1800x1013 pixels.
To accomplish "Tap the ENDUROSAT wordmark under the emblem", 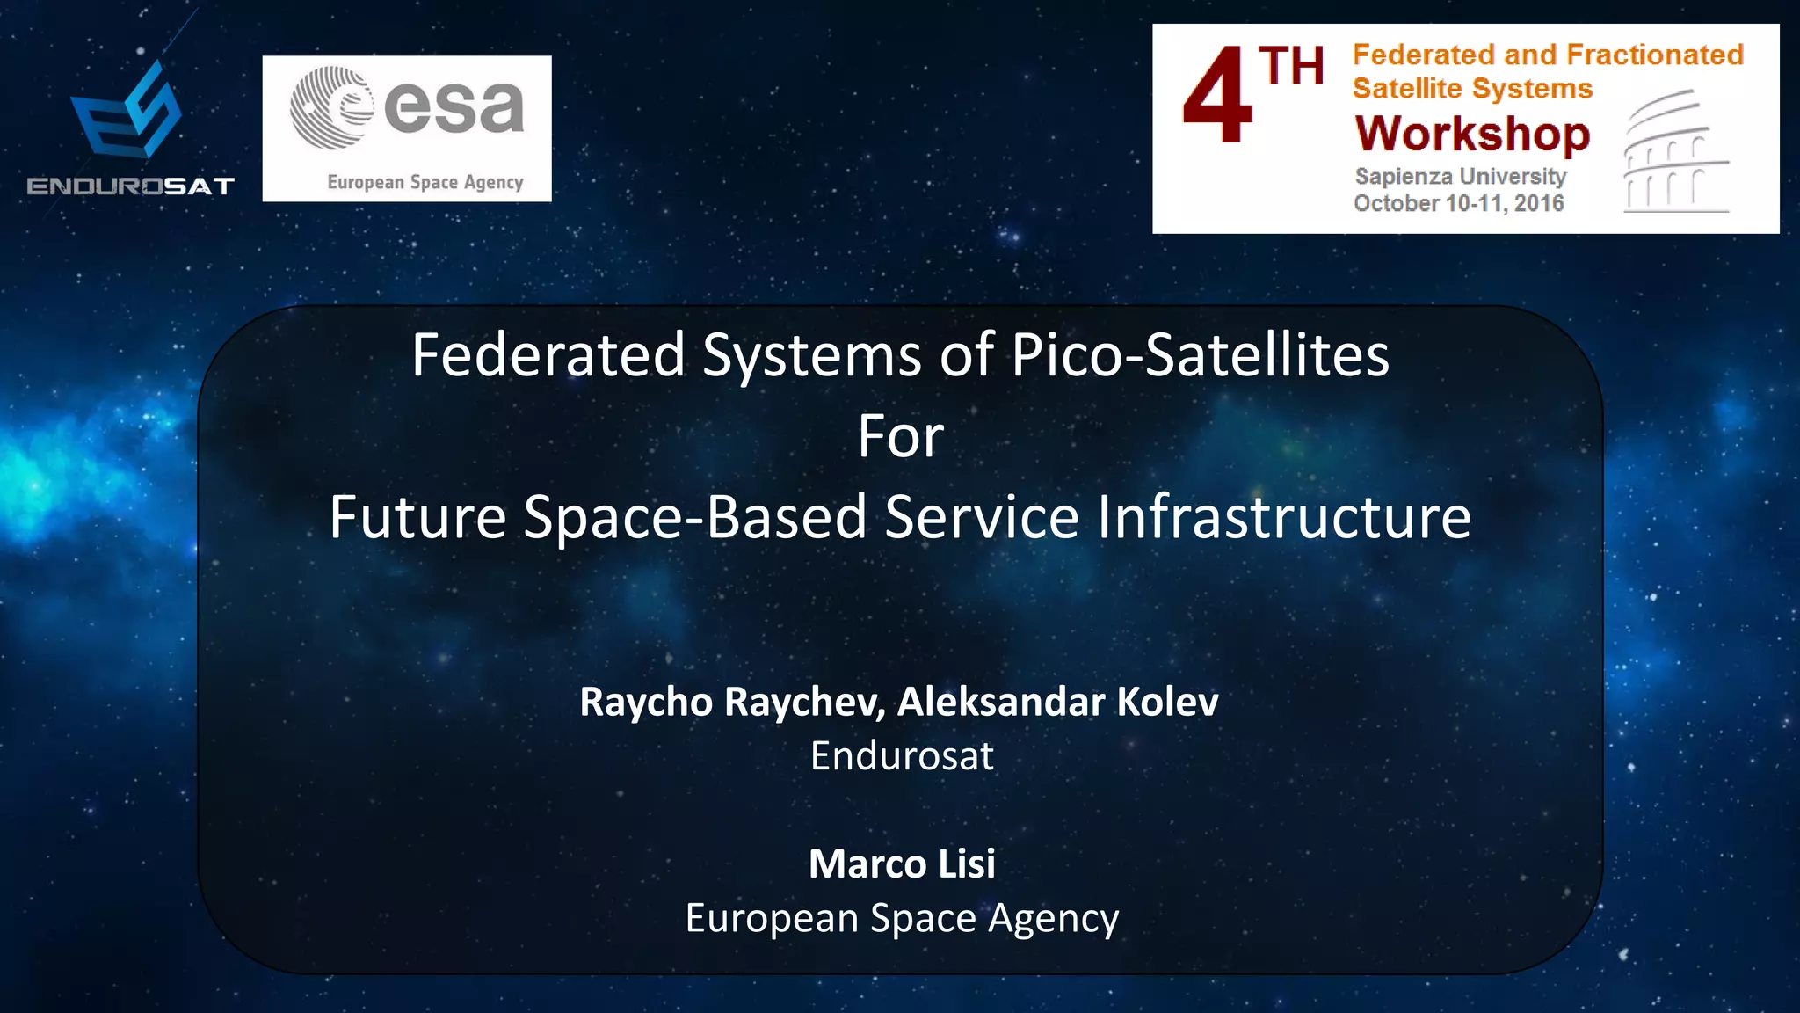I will (130, 186).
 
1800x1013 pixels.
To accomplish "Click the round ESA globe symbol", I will (330, 107).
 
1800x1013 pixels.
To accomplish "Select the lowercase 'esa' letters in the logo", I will (454, 107).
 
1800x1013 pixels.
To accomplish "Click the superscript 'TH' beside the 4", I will (1290, 67).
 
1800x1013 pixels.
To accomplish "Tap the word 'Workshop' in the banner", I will (1472, 134).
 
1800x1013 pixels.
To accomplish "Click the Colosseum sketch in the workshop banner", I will (1674, 153).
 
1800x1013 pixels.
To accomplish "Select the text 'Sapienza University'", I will (1460, 176).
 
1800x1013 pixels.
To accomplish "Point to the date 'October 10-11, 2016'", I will (1458, 203).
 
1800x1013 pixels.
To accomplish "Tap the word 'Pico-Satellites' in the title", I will (1200, 355).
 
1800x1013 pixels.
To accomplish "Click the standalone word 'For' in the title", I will (900, 436).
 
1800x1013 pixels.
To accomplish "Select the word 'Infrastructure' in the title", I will (1283, 517).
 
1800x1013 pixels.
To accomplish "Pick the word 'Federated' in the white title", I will (548, 355).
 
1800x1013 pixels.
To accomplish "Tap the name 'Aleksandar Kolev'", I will (1057, 702).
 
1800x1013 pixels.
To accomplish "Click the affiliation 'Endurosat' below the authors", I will (901, 756).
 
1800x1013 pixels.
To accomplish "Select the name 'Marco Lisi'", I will (902, 864).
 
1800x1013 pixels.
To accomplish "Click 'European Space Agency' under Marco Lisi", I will (902, 918).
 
